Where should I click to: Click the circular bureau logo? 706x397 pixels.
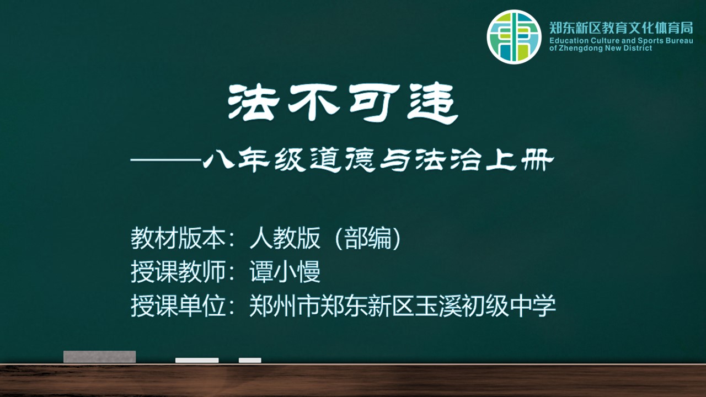coord(514,37)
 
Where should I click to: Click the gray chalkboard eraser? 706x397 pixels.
coord(100,357)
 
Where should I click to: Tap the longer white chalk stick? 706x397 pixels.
coord(197,360)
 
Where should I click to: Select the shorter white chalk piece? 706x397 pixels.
coord(250,360)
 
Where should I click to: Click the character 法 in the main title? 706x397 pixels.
coord(254,102)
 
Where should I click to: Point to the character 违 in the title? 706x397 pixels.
coord(432,103)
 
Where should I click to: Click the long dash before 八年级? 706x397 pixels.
coord(166,160)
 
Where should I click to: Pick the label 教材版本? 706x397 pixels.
coord(178,238)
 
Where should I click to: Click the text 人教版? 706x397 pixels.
coord(285,238)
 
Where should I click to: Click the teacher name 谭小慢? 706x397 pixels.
coord(285,272)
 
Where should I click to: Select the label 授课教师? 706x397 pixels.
coord(178,272)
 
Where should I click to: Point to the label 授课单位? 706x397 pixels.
coord(178,305)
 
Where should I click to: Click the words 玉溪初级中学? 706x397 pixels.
coord(485,305)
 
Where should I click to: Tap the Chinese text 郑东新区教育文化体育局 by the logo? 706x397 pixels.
coord(621,28)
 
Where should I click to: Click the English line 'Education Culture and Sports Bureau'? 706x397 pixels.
coord(621,41)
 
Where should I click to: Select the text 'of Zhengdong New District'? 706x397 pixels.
coord(601,48)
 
